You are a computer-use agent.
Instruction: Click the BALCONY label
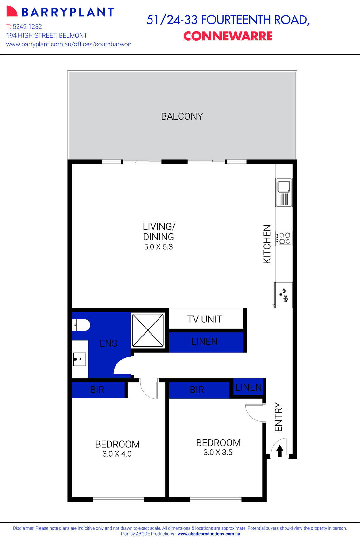182,116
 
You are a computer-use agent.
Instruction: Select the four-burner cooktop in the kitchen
284,238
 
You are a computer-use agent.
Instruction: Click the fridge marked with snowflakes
284,295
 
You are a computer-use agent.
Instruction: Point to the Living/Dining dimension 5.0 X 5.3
158,247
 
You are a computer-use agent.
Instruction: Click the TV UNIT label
204,319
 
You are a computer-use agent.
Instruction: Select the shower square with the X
148,330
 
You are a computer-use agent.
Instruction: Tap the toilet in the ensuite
81,325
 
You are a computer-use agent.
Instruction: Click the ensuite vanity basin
79,359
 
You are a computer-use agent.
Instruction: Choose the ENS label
108,343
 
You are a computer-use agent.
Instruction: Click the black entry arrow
279,451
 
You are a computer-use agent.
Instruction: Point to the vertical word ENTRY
278,417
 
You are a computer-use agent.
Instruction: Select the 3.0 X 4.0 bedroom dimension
117,454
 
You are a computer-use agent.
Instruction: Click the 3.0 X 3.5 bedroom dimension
218,453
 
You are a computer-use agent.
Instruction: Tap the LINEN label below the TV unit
204,342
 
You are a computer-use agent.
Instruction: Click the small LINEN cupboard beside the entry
248,387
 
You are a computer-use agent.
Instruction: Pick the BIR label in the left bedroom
97,390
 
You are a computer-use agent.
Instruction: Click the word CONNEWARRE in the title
228,36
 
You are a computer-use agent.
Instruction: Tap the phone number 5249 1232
27,27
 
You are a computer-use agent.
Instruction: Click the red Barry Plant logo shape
11,11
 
